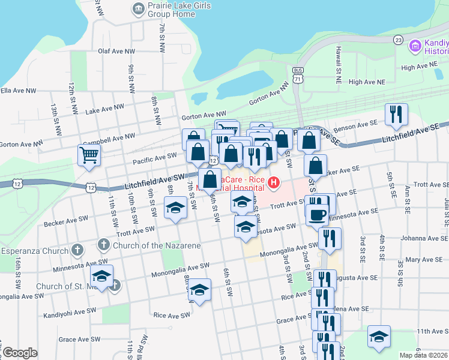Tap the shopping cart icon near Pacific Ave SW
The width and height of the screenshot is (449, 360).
click(89, 155)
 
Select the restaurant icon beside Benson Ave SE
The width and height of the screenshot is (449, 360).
click(396, 115)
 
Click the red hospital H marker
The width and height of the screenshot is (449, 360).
click(274, 182)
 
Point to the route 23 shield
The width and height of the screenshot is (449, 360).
click(398, 40)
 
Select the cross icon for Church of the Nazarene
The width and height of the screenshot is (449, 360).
click(103, 244)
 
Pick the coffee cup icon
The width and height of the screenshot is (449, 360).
click(317, 213)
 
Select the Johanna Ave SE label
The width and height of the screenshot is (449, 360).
click(420, 238)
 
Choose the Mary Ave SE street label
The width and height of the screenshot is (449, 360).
click(424, 260)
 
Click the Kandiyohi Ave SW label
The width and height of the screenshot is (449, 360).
click(70, 312)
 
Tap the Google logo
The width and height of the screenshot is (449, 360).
click(20, 353)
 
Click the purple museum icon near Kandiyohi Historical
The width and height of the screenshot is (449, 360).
click(414, 46)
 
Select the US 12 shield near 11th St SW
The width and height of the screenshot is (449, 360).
click(91, 187)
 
